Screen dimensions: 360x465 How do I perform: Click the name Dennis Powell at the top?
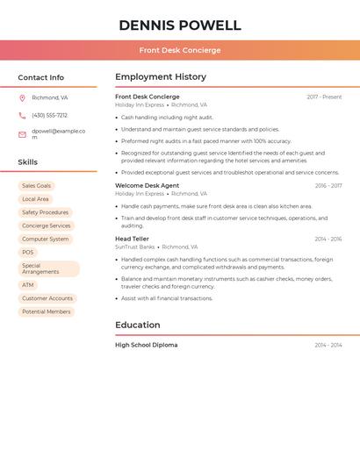point(179,25)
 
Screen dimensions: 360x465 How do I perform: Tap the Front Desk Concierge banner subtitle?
point(179,50)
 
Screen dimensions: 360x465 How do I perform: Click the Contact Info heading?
point(40,77)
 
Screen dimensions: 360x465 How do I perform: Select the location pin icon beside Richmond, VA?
point(22,97)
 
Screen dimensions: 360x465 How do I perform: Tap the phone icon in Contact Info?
point(22,115)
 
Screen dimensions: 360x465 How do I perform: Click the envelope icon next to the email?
point(22,134)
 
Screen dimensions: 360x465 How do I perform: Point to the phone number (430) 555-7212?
point(50,115)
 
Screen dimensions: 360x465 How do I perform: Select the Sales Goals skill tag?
point(37,186)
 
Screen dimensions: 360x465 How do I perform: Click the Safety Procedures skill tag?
point(45,212)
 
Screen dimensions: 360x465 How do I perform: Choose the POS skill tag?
point(28,252)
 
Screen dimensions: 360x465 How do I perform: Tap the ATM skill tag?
point(28,285)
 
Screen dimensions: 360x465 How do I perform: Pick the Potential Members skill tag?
point(47,311)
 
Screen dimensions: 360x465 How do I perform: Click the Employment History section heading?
point(161,77)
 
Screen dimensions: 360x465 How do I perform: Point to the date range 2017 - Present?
point(324,97)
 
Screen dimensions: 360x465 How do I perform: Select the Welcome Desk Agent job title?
point(147,185)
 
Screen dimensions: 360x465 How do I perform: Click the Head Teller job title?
point(132,239)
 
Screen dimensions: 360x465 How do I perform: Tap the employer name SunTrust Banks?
point(134,247)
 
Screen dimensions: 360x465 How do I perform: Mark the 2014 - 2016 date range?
point(328,239)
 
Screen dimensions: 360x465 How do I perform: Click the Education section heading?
point(138,325)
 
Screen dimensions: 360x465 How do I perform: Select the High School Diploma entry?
point(146,345)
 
